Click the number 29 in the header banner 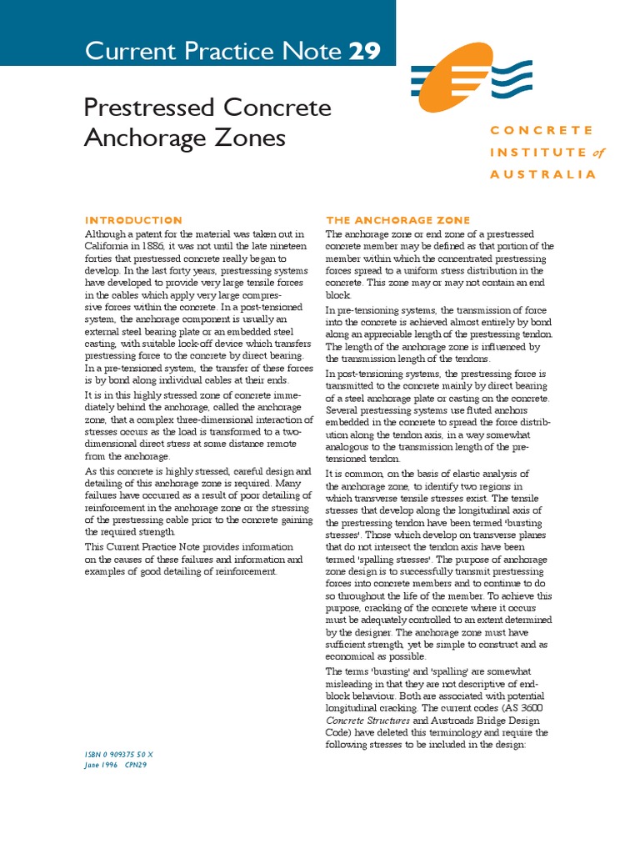[364, 52]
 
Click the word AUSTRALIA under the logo [543, 174]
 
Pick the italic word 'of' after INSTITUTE [598, 153]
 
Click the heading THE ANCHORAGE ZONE [397, 220]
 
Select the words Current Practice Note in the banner [213, 52]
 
